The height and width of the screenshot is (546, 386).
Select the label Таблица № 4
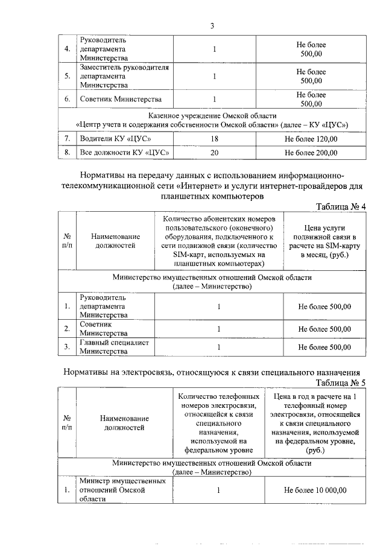341,206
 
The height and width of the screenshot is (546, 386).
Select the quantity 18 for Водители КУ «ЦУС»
214,139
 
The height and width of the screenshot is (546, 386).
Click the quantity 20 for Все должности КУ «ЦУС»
214,153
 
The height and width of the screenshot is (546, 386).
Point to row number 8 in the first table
67,153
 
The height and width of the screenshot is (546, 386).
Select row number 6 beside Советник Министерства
67,99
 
